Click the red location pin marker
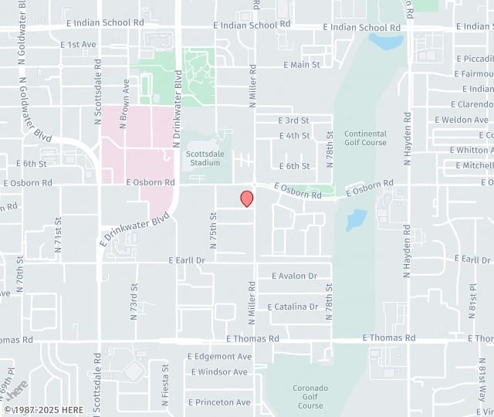247,198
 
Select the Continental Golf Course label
365,137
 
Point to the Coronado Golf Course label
310,396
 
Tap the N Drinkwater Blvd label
178,108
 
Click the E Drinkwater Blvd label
134,230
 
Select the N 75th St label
214,230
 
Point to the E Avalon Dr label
294,276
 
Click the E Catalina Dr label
293,307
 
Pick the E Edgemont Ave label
220,357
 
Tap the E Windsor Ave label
219,371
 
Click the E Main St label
301,65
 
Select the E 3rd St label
293,120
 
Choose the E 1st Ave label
78,44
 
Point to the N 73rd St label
134,297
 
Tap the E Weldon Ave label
462,120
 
